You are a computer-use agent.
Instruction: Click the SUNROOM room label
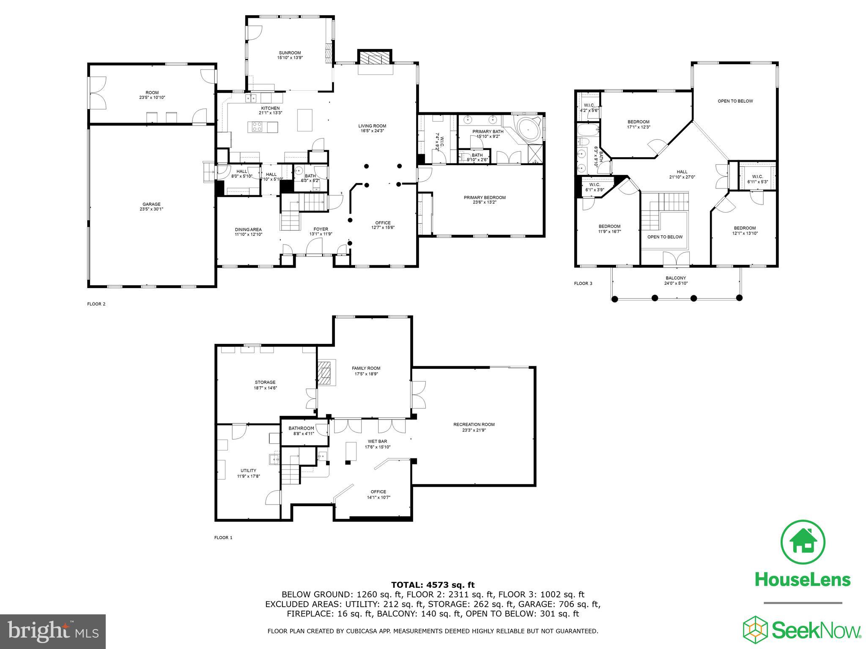tap(290, 55)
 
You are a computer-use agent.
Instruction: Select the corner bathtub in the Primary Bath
tap(528, 130)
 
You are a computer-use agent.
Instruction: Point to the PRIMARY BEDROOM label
tap(485, 200)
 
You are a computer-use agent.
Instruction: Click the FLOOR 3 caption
tap(583, 283)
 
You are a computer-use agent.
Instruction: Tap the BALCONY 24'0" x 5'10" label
tap(676, 281)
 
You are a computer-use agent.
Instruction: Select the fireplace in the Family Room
tap(326, 372)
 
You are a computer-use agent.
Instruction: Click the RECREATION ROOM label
tap(474, 427)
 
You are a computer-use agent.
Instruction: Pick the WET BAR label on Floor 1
tap(377, 444)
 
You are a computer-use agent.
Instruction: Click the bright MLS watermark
tap(53, 632)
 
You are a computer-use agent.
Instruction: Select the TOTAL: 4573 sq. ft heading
tap(433, 585)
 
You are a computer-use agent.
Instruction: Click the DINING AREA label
tap(249, 232)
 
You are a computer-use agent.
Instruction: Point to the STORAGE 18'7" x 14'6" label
tap(265, 385)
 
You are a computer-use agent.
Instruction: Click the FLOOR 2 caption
tap(96, 304)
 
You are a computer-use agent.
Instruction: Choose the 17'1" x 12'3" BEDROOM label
tap(638, 124)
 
